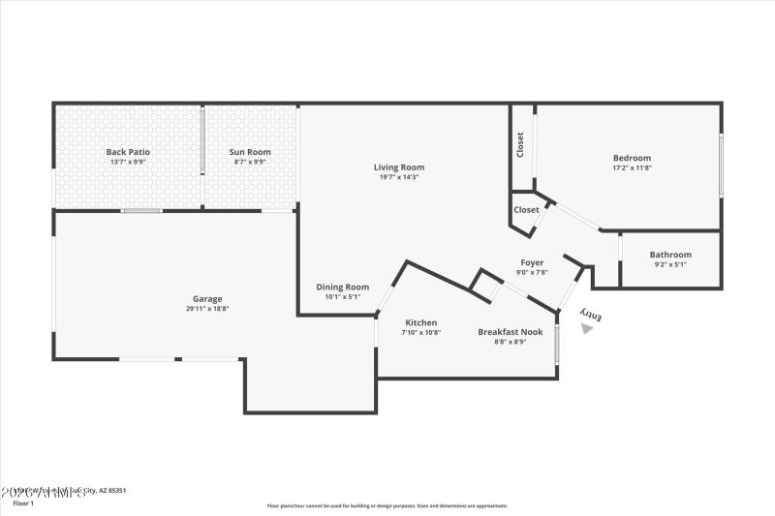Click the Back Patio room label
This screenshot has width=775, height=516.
click(x=128, y=152)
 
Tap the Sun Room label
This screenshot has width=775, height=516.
click(x=250, y=152)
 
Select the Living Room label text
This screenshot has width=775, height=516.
click(x=399, y=167)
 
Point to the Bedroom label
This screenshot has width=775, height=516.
click(x=632, y=158)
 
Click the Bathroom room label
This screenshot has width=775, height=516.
click(x=670, y=255)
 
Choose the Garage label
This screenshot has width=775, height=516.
click(x=207, y=299)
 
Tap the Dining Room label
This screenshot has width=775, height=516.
click(x=343, y=287)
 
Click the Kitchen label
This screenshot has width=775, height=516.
click(x=421, y=322)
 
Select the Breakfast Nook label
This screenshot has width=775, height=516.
click(x=510, y=332)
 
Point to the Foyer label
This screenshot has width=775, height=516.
click(x=532, y=262)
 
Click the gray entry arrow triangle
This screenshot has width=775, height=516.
click(x=586, y=329)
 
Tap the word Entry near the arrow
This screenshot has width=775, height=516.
click(x=591, y=315)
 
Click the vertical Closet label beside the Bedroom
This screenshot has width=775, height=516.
click(x=520, y=145)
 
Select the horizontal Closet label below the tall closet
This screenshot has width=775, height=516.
click(x=526, y=209)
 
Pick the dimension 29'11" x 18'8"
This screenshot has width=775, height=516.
click(x=207, y=309)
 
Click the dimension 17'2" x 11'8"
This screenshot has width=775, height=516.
click(x=632, y=167)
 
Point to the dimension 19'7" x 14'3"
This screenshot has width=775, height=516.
click(x=399, y=177)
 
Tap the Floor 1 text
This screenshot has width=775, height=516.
click(x=22, y=503)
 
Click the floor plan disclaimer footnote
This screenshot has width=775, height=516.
click(x=387, y=505)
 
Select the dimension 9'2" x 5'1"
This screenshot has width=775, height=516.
click(x=670, y=264)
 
